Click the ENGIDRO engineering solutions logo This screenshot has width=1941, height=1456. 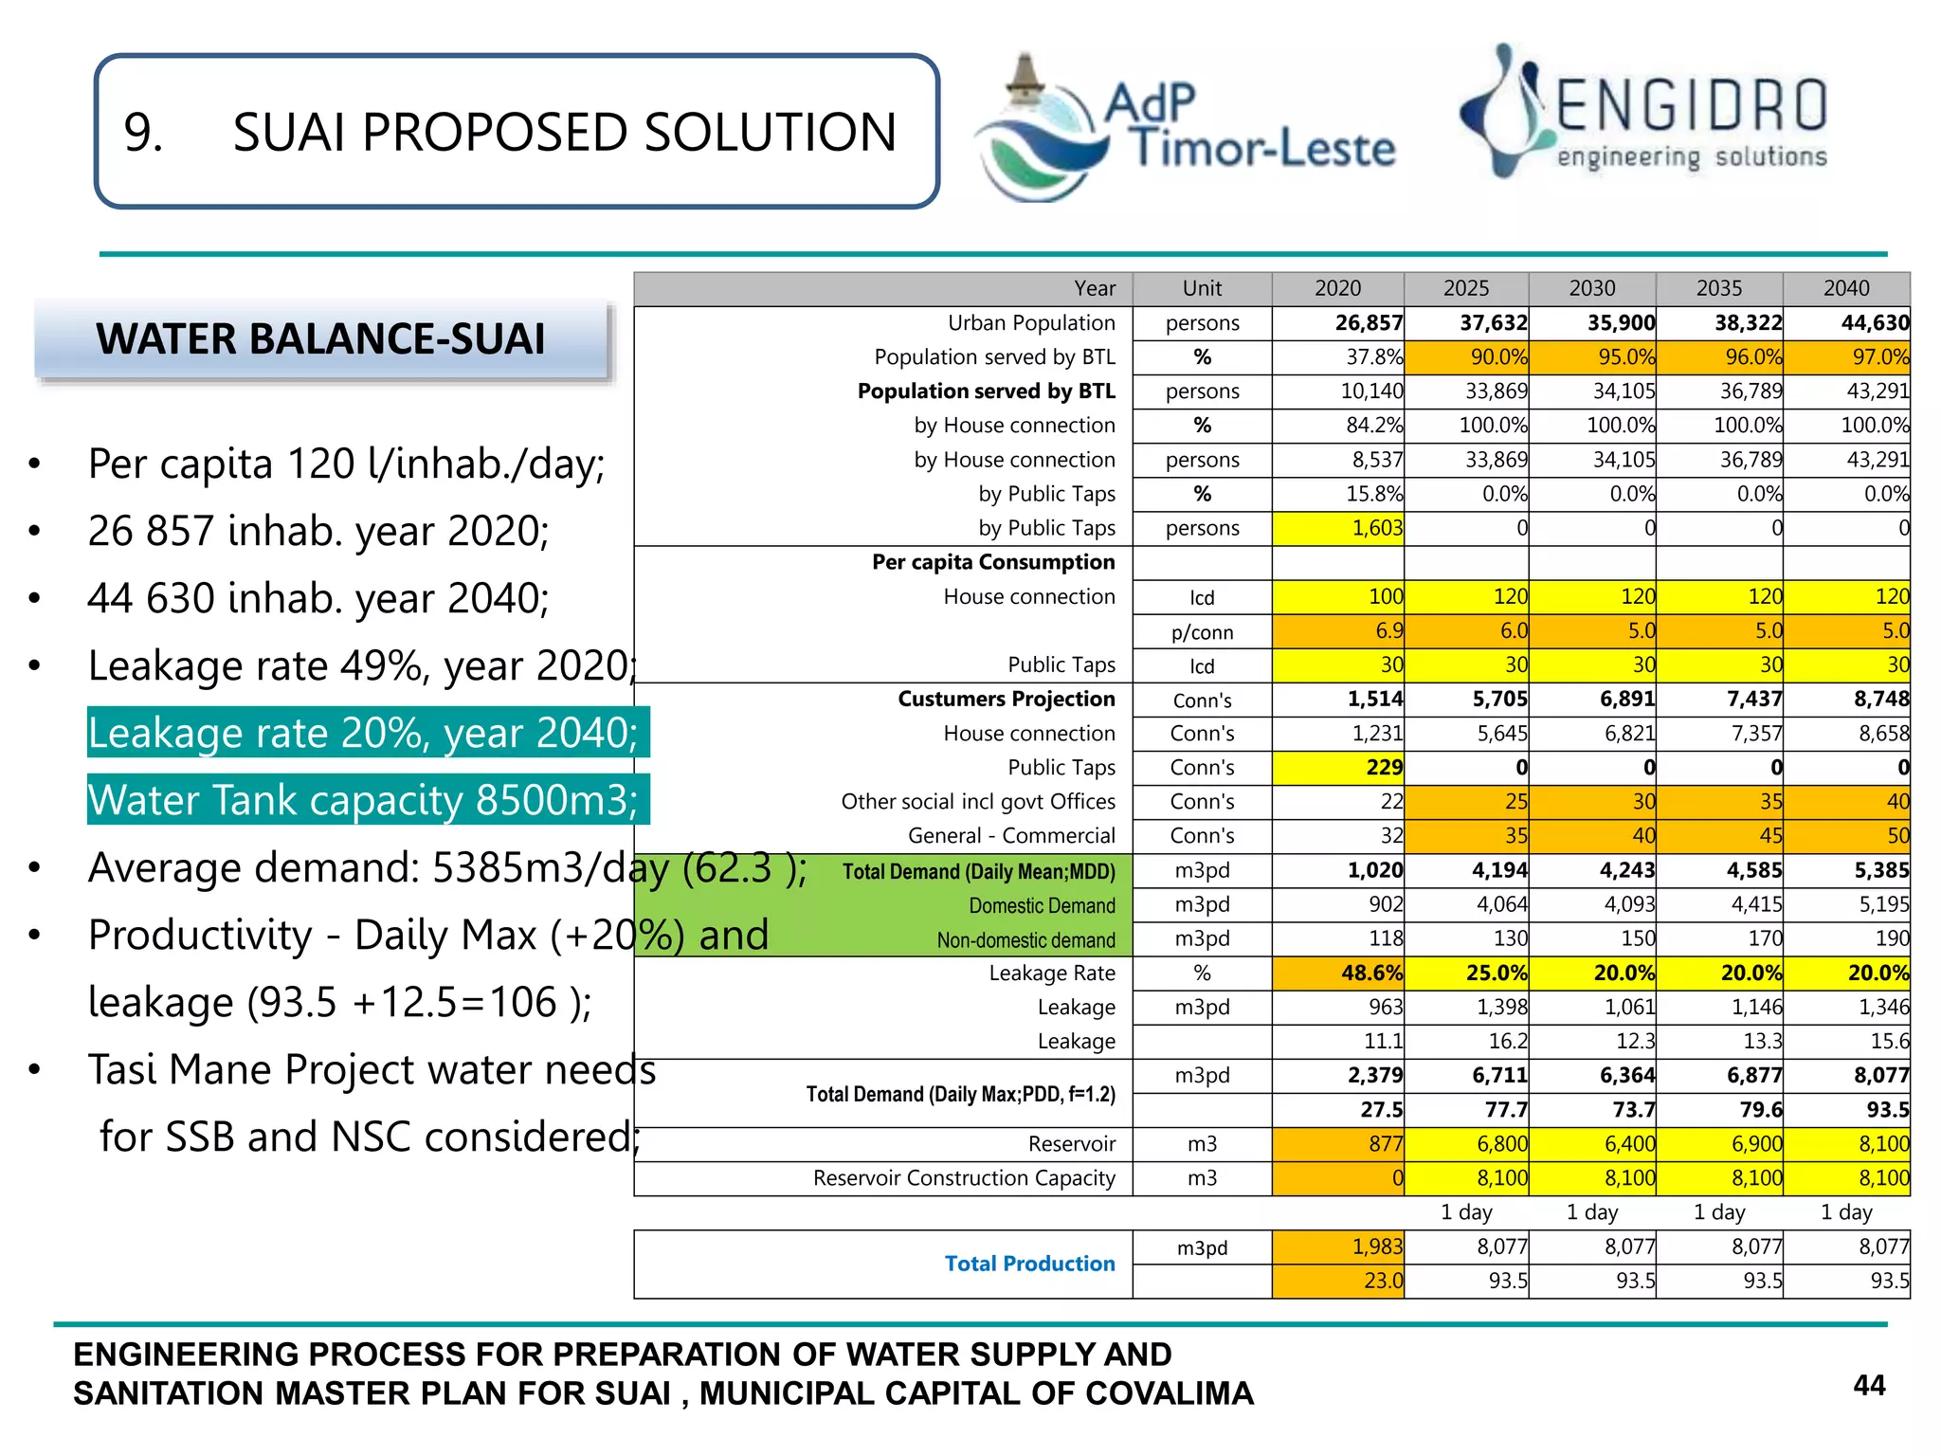(1644, 114)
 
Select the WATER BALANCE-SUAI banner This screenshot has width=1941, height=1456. (320, 339)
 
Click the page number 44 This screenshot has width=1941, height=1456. (1869, 1386)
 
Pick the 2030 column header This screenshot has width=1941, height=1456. (1592, 288)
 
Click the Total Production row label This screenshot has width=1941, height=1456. (1029, 1264)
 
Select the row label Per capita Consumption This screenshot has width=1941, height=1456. (993, 562)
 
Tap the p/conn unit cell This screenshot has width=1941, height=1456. (1202, 632)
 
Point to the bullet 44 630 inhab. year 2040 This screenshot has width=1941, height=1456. (318, 598)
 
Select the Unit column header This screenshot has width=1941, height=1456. (1202, 288)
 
